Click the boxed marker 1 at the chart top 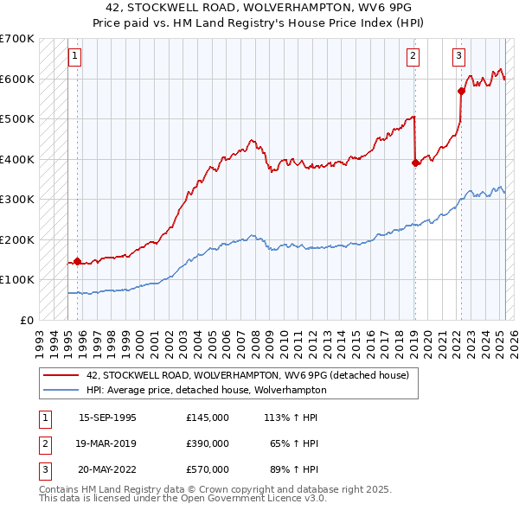pos(75,57)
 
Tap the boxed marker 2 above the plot pos(413,57)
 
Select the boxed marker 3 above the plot pos(458,57)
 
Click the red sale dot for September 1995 pos(78,261)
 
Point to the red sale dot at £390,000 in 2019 pos(415,162)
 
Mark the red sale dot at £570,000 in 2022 pos(461,90)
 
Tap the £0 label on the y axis pos(27,320)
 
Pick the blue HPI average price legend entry pos(206,390)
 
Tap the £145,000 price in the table pos(207,418)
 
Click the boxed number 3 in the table pos(44,469)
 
